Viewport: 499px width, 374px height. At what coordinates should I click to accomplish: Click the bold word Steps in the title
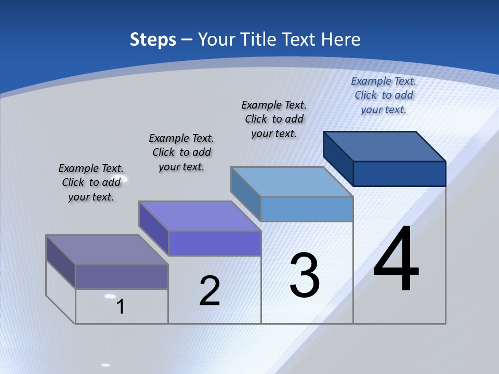coord(153,39)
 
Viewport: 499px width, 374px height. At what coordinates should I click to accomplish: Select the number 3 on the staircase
coord(305,275)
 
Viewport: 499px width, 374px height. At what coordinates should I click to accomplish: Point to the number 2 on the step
coord(209,291)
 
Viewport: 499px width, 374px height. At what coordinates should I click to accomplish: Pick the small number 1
coord(121,306)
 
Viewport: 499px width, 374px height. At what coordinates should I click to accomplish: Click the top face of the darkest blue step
coord(385,146)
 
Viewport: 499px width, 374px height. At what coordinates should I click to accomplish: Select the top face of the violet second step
coord(200,216)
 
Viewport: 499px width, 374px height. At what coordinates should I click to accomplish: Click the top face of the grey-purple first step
coord(107,250)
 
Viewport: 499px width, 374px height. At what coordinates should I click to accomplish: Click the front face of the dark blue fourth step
coord(399,173)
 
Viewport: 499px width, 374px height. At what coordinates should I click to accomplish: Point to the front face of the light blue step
coord(307,209)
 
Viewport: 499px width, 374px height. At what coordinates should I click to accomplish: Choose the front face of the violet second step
coord(214,243)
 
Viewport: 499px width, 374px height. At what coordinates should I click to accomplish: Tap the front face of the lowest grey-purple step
coord(122,276)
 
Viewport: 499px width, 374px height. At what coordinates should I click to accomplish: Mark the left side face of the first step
coord(61,262)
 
